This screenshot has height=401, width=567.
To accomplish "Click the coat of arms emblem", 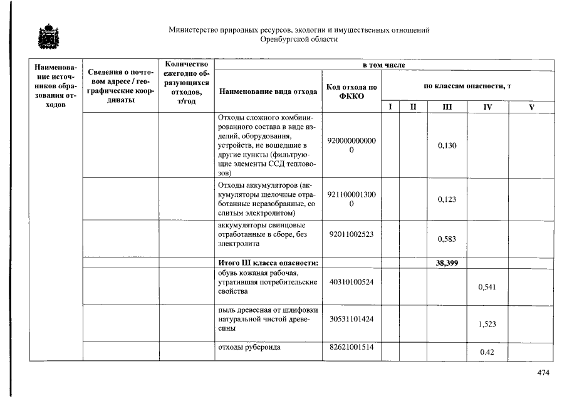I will [46, 37].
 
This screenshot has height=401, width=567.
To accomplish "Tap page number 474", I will [543, 373].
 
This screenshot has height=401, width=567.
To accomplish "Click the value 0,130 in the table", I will [447, 145].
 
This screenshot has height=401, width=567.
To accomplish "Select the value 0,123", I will [447, 199].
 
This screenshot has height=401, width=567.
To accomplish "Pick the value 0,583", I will [447, 239].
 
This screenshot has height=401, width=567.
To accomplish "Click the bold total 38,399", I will [447, 263].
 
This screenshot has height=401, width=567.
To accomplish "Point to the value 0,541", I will [487, 287].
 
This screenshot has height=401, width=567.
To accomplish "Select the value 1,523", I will [487, 324].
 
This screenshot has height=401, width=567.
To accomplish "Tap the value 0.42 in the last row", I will [487, 352].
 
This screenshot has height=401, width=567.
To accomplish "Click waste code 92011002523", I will [351, 234].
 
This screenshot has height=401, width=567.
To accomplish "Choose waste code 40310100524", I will [351, 282].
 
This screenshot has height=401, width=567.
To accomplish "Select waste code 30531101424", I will [351, 319].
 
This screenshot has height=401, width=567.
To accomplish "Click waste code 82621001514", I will [351, 346].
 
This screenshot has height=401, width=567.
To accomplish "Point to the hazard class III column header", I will [447, 107].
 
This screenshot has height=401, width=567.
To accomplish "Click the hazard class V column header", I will [531, 107].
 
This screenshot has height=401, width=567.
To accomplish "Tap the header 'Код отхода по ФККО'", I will [351, 91].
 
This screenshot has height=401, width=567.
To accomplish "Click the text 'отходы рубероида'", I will [249, 346].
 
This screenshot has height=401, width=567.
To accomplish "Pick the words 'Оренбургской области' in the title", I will [299, 39].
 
